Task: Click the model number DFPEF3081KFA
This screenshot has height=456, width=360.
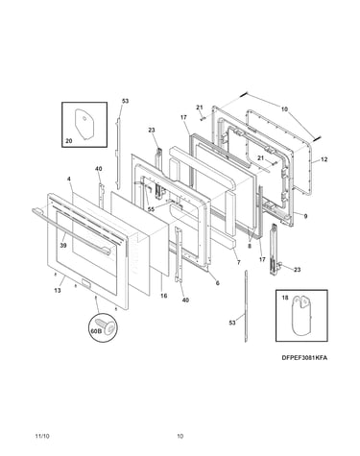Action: [x=304, y=358]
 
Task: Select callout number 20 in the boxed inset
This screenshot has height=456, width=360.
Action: [x=69, y=140]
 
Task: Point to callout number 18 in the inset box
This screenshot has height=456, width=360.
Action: [x=285, y=298]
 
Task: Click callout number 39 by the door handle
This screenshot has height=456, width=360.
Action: [x=62, y=245]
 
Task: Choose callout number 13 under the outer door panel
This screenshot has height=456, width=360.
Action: [x=58, y=291]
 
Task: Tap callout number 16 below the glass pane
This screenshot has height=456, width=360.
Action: [x=163, y=296]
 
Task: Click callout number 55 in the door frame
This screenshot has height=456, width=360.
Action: [x=151, y=209]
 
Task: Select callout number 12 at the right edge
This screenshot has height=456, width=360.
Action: [x=324, y=159]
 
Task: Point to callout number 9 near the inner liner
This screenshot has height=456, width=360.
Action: [x=305, y=216]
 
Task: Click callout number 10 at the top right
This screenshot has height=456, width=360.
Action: [x=284, y=109]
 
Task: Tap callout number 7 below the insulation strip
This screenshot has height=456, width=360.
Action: [x=239, y=262]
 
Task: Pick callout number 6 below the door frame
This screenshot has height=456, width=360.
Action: [x=218, y=283]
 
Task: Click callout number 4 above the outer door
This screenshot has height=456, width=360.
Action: [x=69, y=179]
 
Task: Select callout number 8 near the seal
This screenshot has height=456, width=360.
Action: [x=250, y=246]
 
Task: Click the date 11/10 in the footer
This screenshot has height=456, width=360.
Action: [x=42, y=436]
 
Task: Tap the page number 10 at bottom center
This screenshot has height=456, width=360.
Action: [x=180, y=436]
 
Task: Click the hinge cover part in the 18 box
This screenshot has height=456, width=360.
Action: [x=300, y=316]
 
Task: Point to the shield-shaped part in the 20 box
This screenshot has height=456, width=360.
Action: [x=84, y=124]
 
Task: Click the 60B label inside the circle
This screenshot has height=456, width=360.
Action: [x=96, y=331]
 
